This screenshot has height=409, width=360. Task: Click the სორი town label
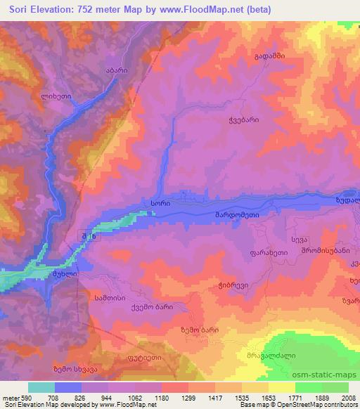160,202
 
